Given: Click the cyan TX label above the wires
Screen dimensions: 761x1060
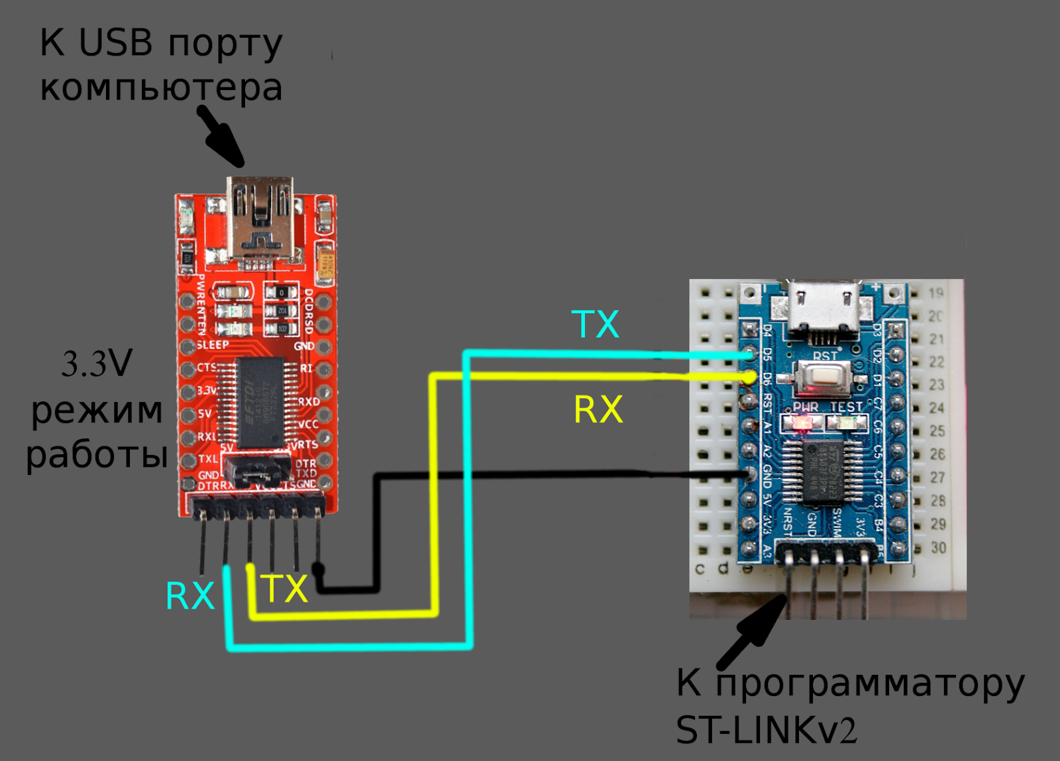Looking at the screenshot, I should (595, 325).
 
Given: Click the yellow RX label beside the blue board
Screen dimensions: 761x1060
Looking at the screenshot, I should (598, 409).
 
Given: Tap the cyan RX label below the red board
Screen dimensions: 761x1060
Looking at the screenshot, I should (190, 596).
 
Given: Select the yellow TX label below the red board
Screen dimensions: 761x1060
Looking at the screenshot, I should (284, 589).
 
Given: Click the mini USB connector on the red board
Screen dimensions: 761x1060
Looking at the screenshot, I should (260, 219).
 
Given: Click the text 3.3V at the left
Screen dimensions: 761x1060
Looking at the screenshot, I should (97, 364).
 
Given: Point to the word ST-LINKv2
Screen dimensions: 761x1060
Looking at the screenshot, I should (766, 731).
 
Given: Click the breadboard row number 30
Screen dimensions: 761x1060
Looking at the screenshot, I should (937, 548).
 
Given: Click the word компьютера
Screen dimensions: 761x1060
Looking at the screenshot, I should (161, 88).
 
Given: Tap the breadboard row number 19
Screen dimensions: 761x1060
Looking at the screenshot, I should (935, 293).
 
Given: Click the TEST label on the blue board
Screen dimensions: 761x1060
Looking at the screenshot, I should (846, 407).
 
